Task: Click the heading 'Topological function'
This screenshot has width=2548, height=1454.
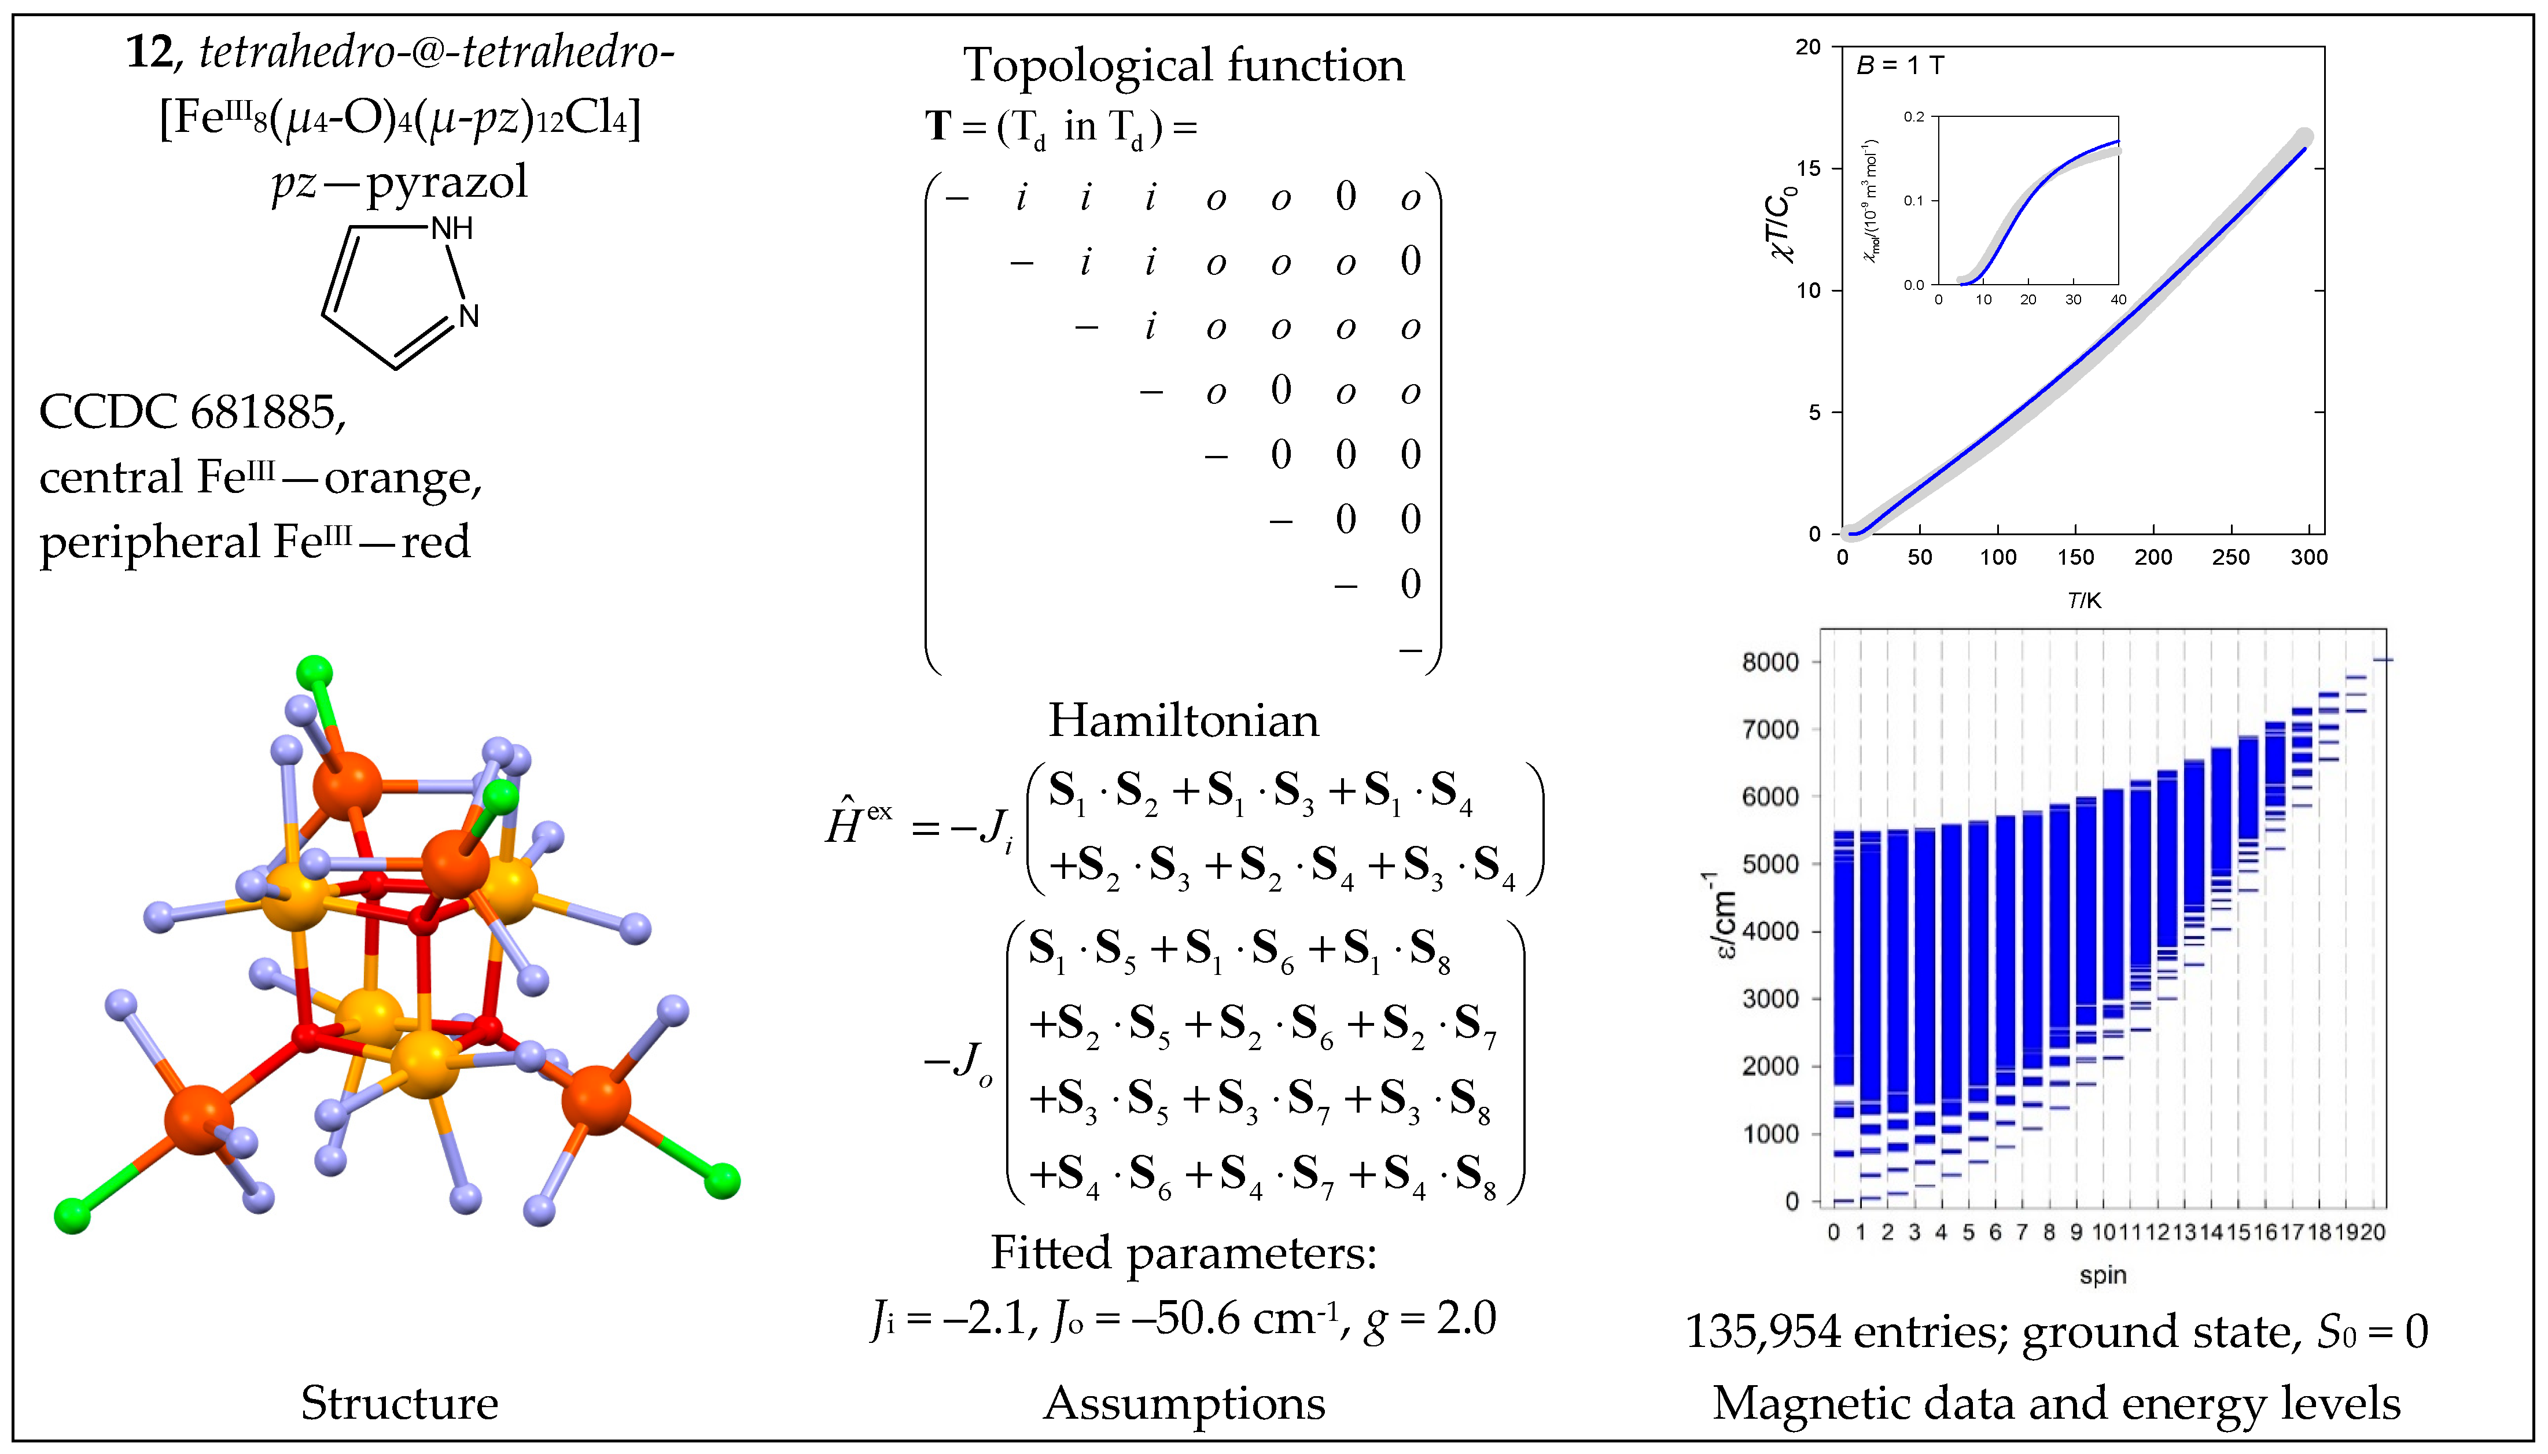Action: pos(1183,66)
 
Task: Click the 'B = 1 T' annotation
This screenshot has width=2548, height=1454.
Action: pos(1900,66)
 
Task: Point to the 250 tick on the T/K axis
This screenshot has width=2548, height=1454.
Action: pos(2230,557)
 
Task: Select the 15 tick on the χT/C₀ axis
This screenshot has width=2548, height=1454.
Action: pos(1808,169)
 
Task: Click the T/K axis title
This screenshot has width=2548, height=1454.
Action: pos(2084,600)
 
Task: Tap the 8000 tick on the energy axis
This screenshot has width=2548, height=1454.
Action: pos(1770,662)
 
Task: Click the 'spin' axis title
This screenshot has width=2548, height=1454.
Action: pos(2103,1275)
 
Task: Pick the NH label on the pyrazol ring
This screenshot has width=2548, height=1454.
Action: pos(451,229)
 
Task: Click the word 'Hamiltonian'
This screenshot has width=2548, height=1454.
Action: pos(1183,720)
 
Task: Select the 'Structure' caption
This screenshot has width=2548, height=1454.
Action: pos(399,1403)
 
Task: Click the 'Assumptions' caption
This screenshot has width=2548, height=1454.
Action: pos(1184,1403)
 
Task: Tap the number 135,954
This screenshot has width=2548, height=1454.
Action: pos(1762,1332)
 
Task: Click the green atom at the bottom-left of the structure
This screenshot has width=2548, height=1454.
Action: pos(72,1215)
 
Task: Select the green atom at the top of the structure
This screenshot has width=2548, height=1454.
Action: pos(315,671)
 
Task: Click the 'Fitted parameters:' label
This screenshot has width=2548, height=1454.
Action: pos(1183,1252)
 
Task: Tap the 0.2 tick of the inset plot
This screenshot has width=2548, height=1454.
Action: pos(1913,117)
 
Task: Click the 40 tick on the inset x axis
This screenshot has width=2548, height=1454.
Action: pos(2118,300)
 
